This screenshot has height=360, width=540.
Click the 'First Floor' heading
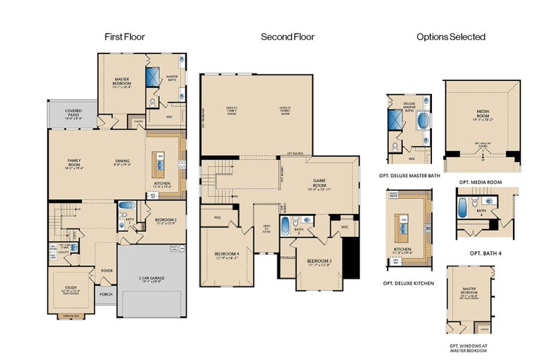click(x=125, y=37)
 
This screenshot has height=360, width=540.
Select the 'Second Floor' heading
click(x=287, y=37)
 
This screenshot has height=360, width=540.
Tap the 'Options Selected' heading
click(x=451, y=37)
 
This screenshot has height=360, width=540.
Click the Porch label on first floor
click(x=106, y=294)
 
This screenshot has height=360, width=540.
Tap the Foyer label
click(x=107, y=270)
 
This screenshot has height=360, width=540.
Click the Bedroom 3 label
click(x=318, y=262)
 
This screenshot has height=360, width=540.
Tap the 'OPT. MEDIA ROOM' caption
click(x=480, y=181)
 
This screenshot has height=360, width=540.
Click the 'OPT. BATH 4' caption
click(x=485, y=253)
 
